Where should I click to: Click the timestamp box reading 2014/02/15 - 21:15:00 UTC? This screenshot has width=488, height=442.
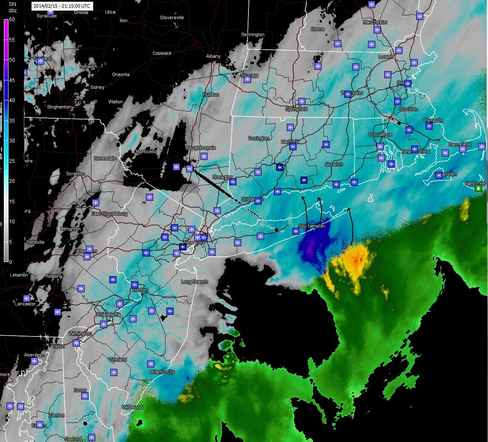[62, 6]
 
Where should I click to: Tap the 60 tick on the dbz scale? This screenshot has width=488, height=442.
[12, 20]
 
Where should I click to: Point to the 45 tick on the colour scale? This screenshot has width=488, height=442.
[12, 80]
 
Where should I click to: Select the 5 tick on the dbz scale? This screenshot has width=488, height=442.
[12, 242]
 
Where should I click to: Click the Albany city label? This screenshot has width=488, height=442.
[213, 56]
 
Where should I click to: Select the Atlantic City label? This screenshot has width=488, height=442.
[163, 372]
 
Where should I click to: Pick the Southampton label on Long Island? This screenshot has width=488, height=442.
[312, 226]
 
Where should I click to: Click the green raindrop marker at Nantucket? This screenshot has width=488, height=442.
[479, 187]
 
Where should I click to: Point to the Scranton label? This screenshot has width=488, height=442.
[75, 174]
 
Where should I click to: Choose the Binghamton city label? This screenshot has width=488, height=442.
[59, 107]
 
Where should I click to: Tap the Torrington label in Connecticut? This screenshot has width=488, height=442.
[259, 138]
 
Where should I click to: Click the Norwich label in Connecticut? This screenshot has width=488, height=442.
[334, 164]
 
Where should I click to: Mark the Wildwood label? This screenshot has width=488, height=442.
[132, 407]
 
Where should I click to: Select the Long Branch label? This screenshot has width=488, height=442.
[194, 282]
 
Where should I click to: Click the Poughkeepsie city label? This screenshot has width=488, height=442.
[201, 148]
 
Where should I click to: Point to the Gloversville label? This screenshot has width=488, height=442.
[172, 17]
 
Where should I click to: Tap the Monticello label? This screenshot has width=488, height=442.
[146, 151]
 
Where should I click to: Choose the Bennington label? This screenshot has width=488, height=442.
[253, 34]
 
